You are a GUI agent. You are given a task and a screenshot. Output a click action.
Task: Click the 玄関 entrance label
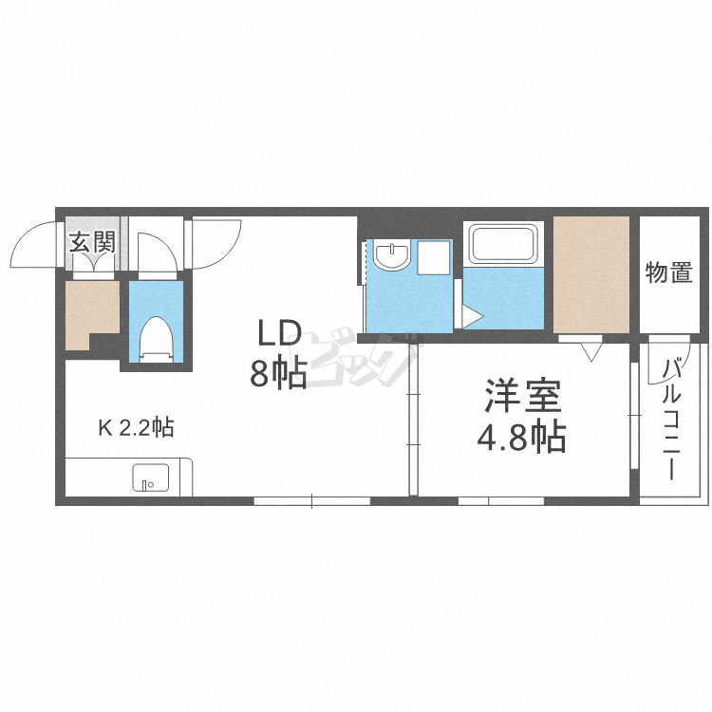coord(91,241)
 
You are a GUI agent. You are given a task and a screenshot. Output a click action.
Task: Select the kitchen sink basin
coord(149,477)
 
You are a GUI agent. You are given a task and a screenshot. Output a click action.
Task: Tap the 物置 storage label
coord(668,272)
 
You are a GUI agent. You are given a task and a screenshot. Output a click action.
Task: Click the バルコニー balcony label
coord(666,418)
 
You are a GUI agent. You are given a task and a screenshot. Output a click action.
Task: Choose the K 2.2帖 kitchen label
coord(135,428)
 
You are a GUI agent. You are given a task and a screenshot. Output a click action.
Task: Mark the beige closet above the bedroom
coord(591,274)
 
